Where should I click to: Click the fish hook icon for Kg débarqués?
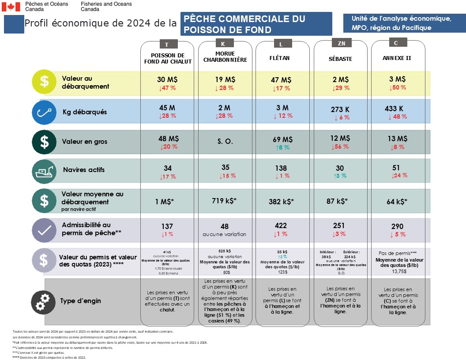(x=44, y=112)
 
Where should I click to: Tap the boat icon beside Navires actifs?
(x=44, y=170)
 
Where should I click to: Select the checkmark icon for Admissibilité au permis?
(x=44, y=229)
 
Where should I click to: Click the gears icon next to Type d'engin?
(x=43, y=301)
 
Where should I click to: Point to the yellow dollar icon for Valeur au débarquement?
(x=44, y=82)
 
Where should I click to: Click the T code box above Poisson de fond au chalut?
(x=166, y=45)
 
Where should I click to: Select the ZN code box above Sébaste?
(x=341, y=44)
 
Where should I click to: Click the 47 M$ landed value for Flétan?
(x=281, y=80)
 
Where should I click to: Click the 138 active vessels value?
(x=281, y=168)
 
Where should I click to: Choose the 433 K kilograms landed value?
(x=394, y=109)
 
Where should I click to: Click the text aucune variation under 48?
(x=225, y=234)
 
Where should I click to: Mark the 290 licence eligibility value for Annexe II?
(x=397, y=227)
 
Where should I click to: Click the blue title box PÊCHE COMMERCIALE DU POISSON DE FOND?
(x=256, y=24)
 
